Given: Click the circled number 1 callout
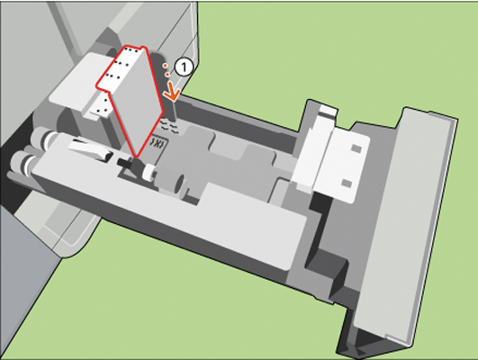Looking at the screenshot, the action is [x=184, y=67].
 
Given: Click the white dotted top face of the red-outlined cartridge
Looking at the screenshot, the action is [x=122, y=67].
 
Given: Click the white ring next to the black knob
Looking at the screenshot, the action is [x=149, y=173].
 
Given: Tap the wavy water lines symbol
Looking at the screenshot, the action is [x=168, y=126].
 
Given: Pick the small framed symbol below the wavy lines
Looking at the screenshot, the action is [x=158, y=143].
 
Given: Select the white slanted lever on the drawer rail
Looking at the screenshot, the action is [x=89, y=149].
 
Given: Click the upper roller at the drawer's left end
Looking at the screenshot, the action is [x=42, y=136].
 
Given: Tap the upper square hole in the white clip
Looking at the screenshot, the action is [x=356, y=148].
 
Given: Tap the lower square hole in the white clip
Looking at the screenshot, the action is [x=347, y=183].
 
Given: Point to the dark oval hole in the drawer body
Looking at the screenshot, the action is [x=181, y=184].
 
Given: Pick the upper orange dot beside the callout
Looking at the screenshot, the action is [x=165, y=65].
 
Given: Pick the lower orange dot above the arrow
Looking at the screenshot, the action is [x=167, y=75].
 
